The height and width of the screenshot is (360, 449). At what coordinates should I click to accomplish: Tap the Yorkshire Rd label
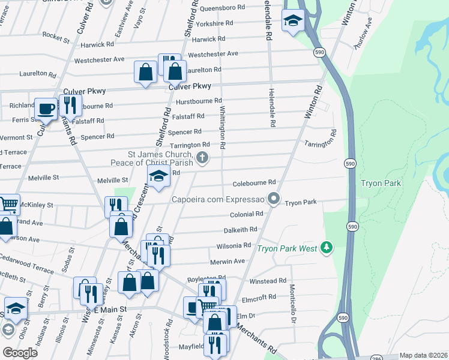point(214,23)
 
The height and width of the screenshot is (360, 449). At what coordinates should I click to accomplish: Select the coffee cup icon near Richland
point(46,109)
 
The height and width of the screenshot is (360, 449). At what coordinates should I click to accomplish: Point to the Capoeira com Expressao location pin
point(274,198)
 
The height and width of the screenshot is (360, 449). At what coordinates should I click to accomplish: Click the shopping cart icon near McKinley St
point(8,205)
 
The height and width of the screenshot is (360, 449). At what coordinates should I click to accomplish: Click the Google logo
point(20,352)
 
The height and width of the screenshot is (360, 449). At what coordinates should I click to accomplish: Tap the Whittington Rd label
point(222,128)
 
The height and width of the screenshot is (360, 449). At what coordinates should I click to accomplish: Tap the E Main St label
point(108,309)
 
